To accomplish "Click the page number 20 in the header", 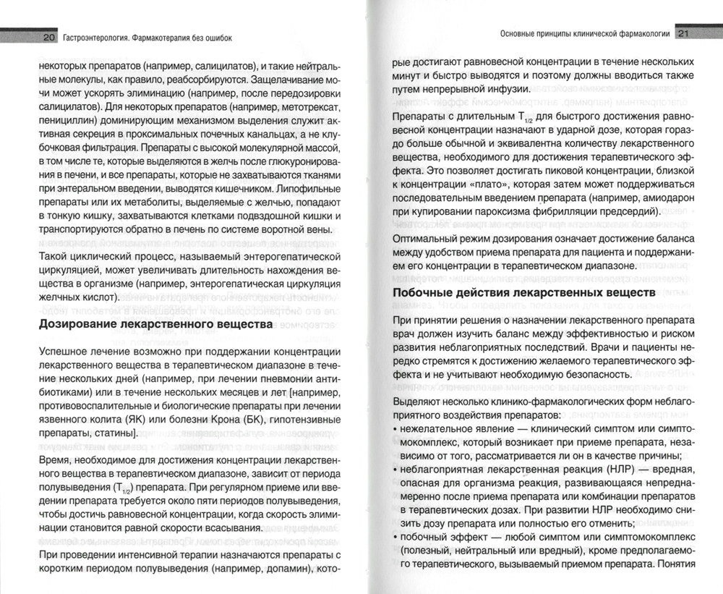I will pyautogui.click(x=49, y=38).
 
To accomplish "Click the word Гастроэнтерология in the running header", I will pyautogui.click(x=100, y=38).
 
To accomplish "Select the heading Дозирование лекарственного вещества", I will pyautogui.click(x=155, y=325).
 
